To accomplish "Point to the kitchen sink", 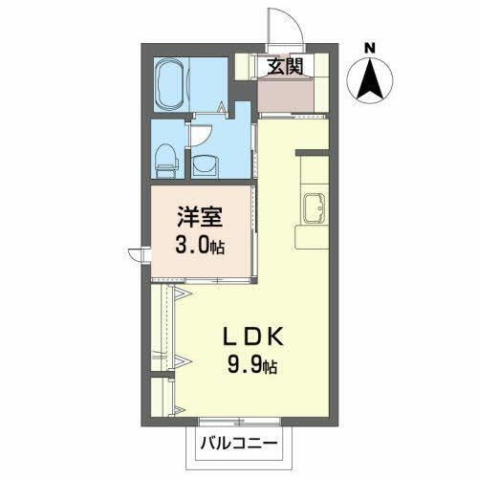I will pyautogui.click(x=314, y=206).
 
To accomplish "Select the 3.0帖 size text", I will pyautogui.click(x=199, y=247).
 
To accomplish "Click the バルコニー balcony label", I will pyautogui.click(x=239, y=445).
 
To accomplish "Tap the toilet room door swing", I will pyautogui.click(x=203, y=133).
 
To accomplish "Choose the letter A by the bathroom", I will pyautogui.click(x=222, y=107).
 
